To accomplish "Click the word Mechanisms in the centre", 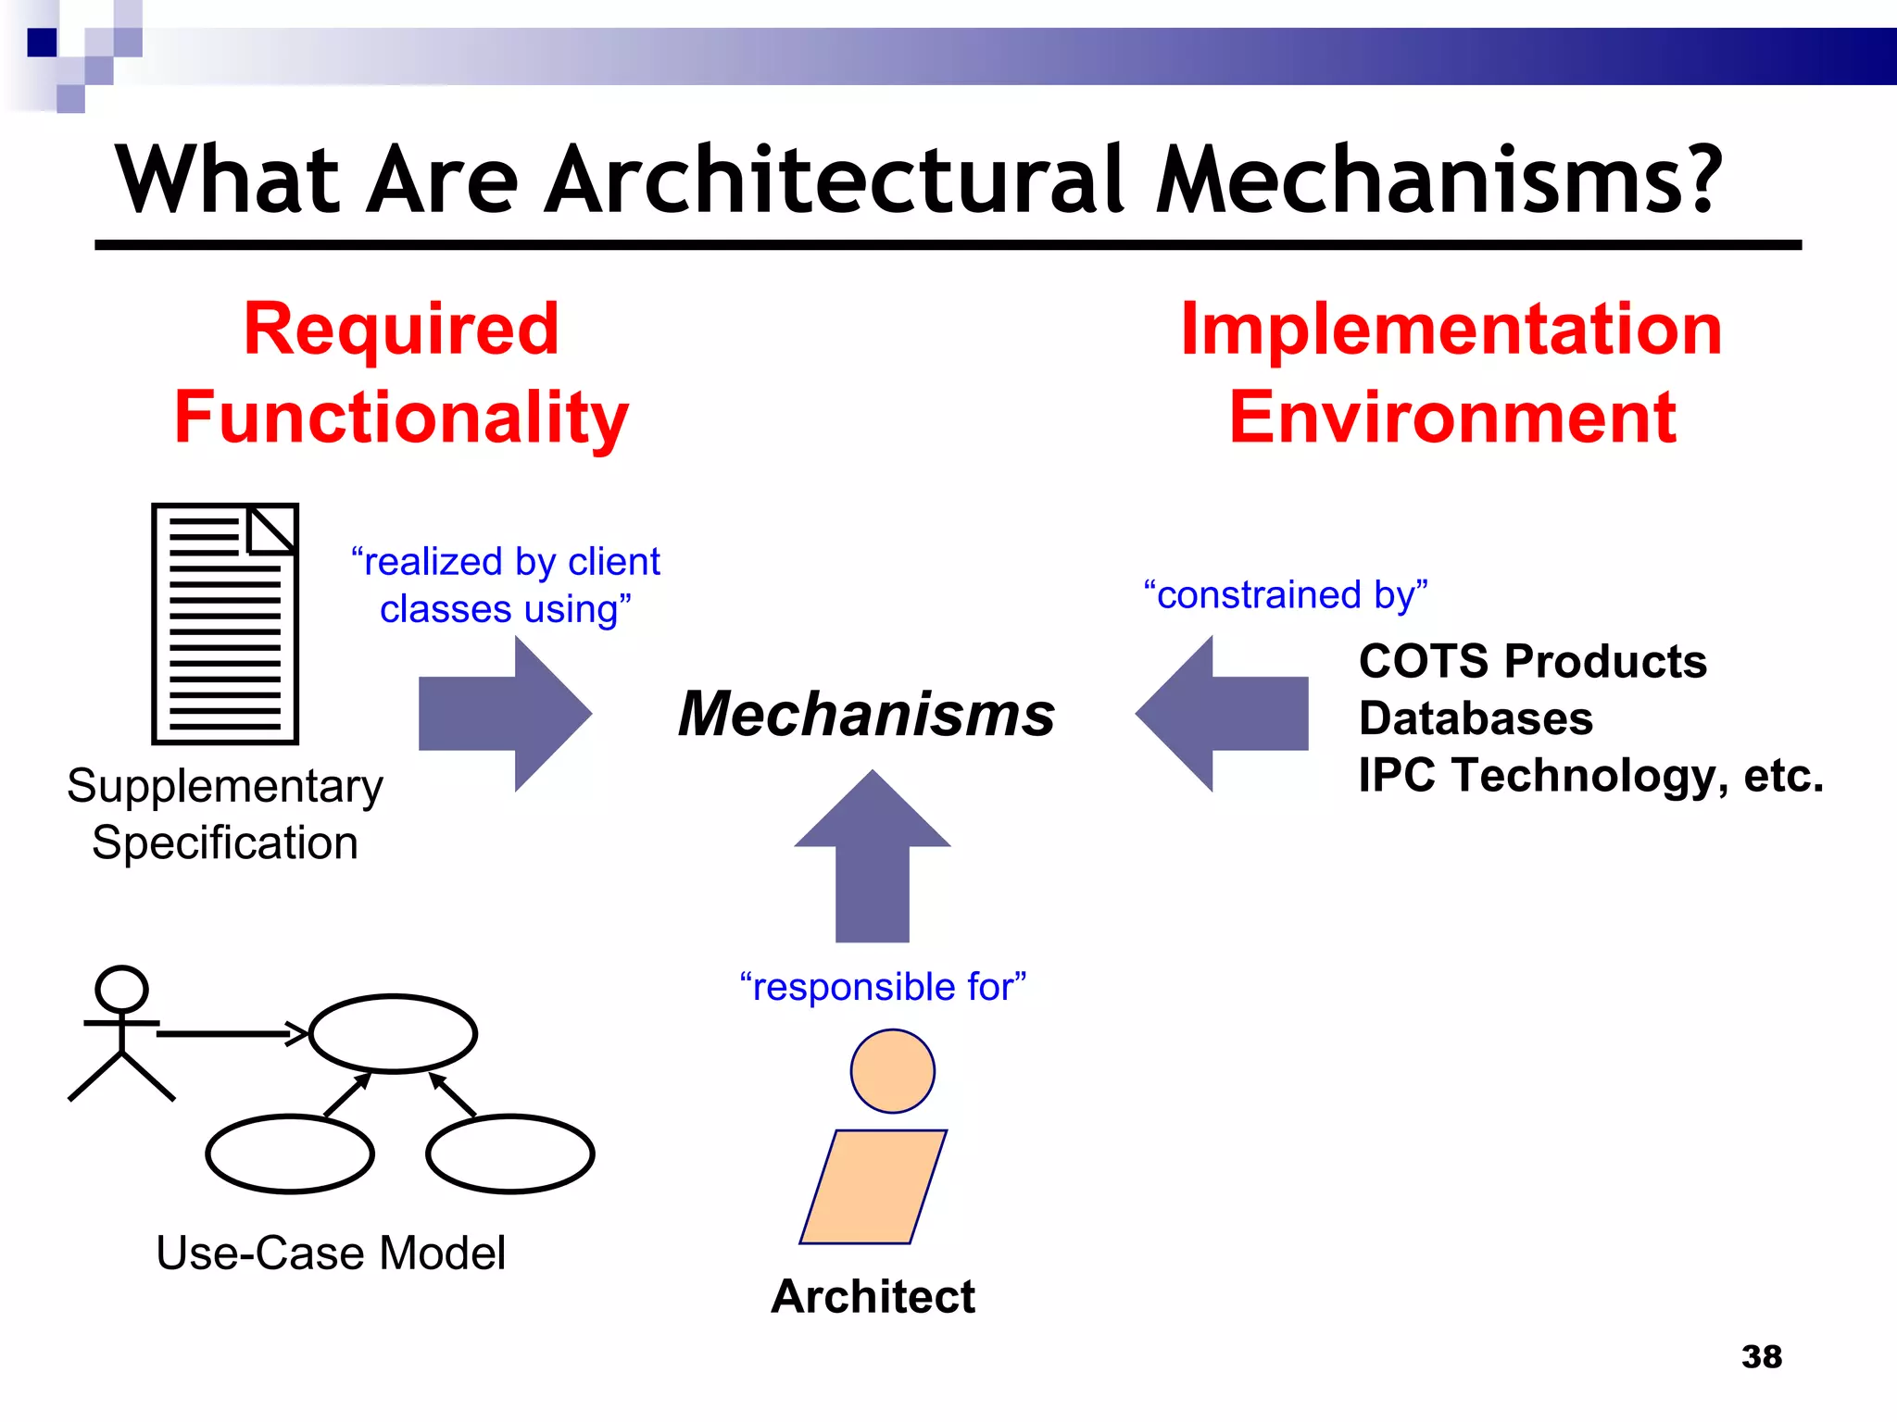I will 866,715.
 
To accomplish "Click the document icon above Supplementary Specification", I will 225,624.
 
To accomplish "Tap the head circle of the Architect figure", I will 892,1071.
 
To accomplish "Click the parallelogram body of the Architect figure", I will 873,1187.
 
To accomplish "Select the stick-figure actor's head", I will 121,989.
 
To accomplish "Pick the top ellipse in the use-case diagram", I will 393,1033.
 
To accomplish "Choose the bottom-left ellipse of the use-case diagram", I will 290,1154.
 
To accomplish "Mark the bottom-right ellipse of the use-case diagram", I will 510,1154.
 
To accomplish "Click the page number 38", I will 1761,1356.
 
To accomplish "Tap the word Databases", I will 1476,718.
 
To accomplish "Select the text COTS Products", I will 1532,661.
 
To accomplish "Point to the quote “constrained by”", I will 1286,594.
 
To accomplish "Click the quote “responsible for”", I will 883,987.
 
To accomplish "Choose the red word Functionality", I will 401,418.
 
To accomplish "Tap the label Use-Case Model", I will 331,1253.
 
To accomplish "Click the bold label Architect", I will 873,1296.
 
